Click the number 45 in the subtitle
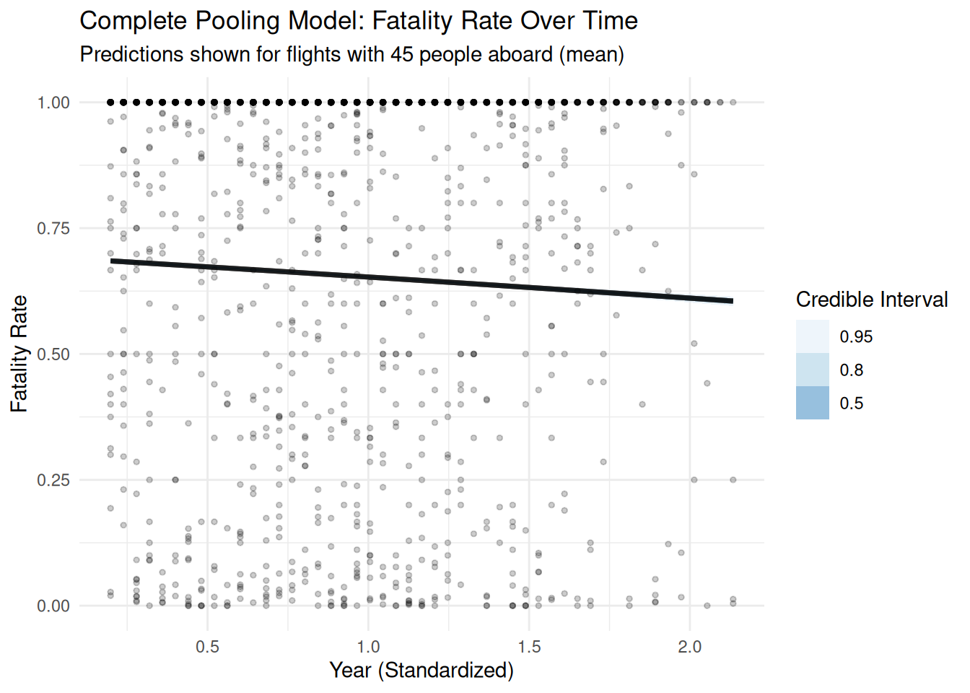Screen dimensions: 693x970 [x=402, y=54]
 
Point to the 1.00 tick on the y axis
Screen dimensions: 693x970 [x=53, y=103]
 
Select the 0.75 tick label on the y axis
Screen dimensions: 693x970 [x=53, y=228]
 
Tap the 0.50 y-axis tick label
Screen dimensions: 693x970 [x=53, y=354]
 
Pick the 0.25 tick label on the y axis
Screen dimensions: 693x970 [x=53, y=480]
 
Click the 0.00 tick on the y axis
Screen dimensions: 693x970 [x=53, y=606]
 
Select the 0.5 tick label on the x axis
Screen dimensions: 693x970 [x=208, y=647]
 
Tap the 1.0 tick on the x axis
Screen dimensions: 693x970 [x=369, y=647]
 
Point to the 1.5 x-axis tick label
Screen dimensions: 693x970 [x=529, y=647]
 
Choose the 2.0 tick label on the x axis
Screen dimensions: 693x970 [x=690, y=647]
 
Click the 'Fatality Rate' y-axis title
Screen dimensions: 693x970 [x=19, y=354]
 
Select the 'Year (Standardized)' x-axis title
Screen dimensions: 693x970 [x=421, y=670]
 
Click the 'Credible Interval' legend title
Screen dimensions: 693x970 [x=872, y=300]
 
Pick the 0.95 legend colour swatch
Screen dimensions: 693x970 [x=813, y=336]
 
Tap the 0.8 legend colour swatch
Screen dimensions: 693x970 [x=813, y=370]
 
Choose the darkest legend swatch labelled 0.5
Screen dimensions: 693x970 [x=813, y=403]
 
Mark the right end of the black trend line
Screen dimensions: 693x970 [x=732, y=301]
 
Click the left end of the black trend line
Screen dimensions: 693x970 [x=112, y=261]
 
